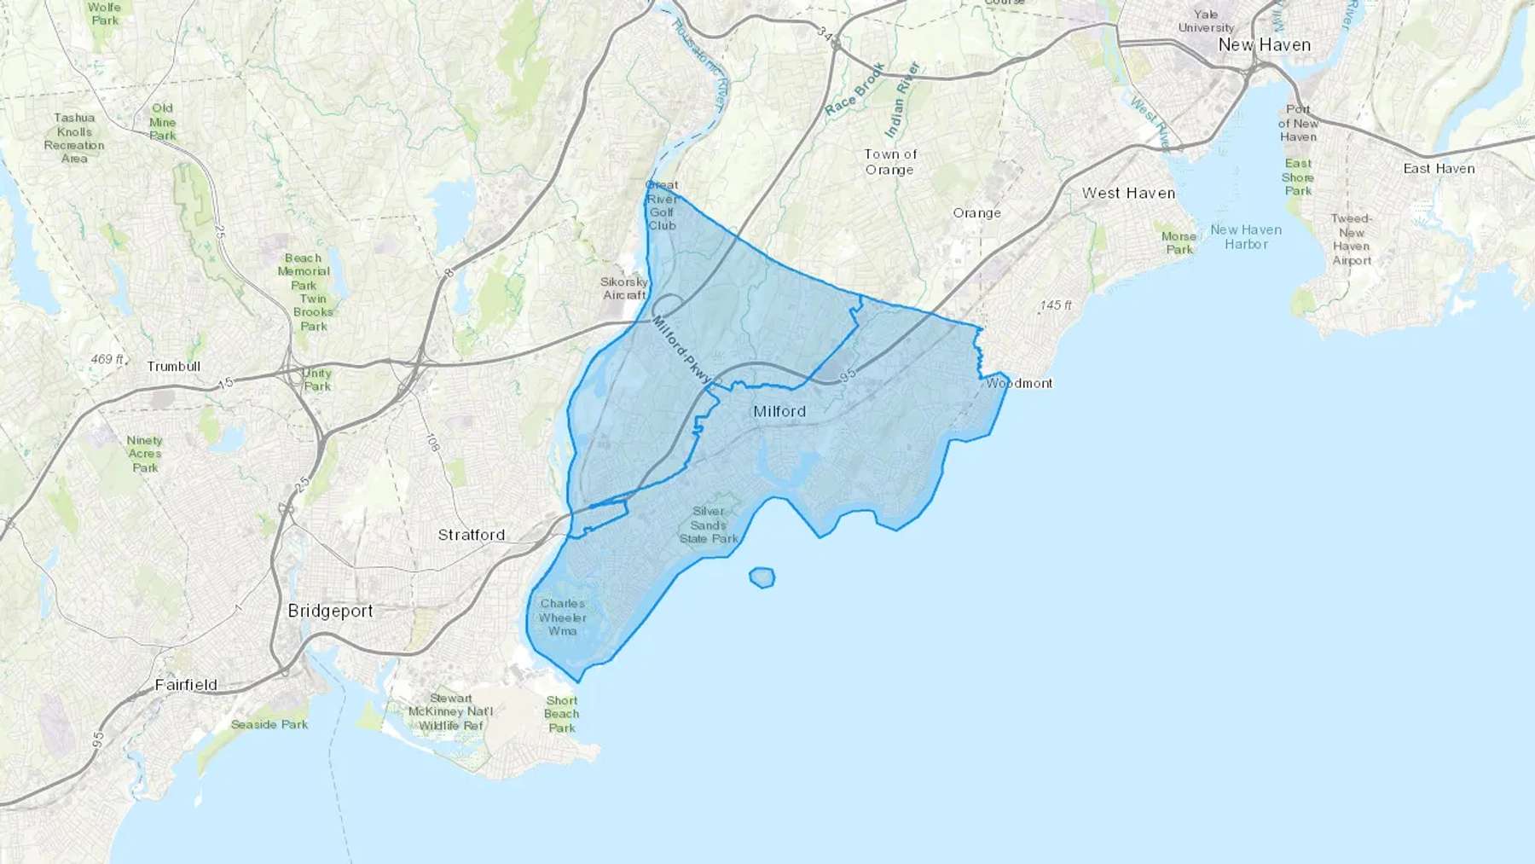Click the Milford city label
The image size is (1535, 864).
pos(779,411)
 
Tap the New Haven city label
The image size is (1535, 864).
pos(1264,45)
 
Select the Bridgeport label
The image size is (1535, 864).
pos(330,611)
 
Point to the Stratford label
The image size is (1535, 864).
pos(472,535)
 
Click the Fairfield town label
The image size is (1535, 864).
pos(186,684)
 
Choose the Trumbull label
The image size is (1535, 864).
pos(174,366)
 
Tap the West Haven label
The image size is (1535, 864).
pos(1128,194)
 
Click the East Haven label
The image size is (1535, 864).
pos(1439,169)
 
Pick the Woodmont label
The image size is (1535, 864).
pos(1019,384)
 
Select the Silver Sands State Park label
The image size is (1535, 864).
pos(709,525)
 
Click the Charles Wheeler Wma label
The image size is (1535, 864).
pos(563,618)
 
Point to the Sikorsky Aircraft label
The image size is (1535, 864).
pos(624,288)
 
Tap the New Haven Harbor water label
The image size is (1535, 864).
pos(1246,237)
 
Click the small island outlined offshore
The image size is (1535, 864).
pos(762,577)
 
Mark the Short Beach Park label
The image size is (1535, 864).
pos(561,714)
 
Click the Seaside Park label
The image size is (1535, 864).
pos(269,724)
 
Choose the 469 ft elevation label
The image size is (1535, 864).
pos(107,359)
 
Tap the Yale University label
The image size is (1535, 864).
pos(1206,21)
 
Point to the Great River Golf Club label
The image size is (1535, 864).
pos(662,205)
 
